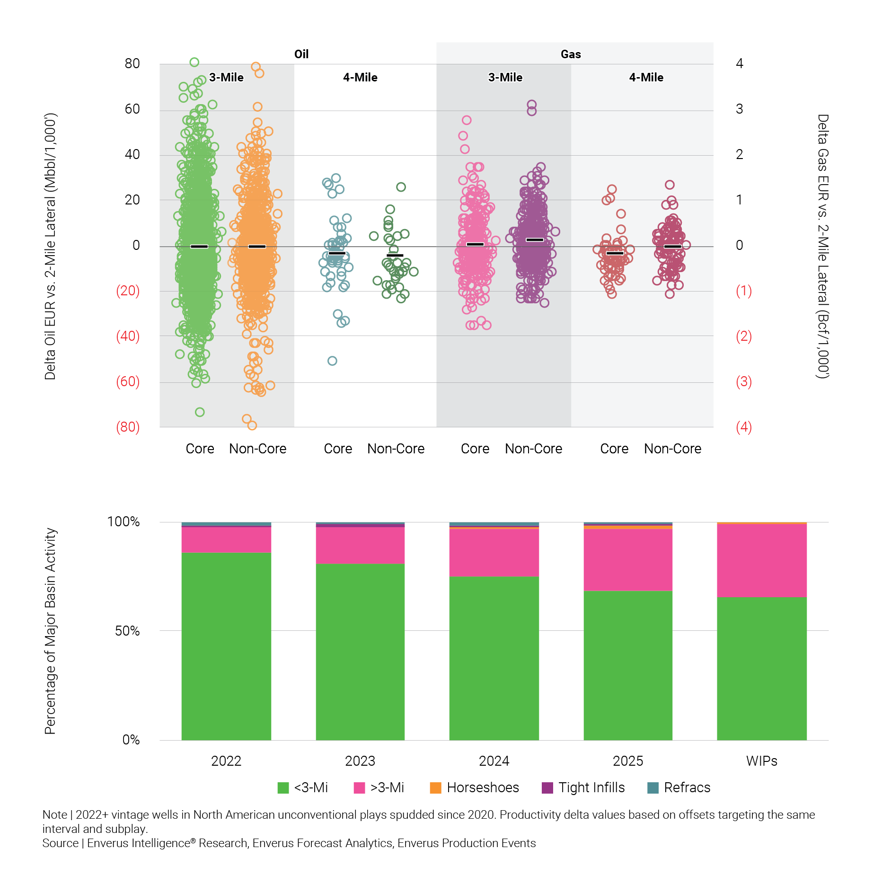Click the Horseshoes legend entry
click(x=474, y=787)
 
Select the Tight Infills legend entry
click(x=583, y=787)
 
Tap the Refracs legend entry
click(x=679, y=787)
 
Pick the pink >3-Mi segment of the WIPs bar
click(x=761, y=560)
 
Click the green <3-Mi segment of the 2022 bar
click(x=226, y=646)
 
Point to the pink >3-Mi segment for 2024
click(x=494, y=552)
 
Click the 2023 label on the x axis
click(x=360, y=761)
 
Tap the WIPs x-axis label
click(x=761, y=761)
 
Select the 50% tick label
click(x=127, y=631)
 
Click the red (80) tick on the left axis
click(x=128, y=427)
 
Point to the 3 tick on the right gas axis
click(x=740, y=109)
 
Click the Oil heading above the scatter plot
click(x=301, y=54)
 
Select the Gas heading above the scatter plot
click(x=571, y=54)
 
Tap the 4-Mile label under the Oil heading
click(x=360, y=78)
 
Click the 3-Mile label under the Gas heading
click(x=505, y=78)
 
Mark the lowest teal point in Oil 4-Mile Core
click(x=332, y=361)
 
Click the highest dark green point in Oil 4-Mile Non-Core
click(x=401, y=187)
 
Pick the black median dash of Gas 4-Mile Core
click(x=615, y=253)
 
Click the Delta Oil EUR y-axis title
click(x=50, y=246)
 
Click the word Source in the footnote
click(x=60, y=843)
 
